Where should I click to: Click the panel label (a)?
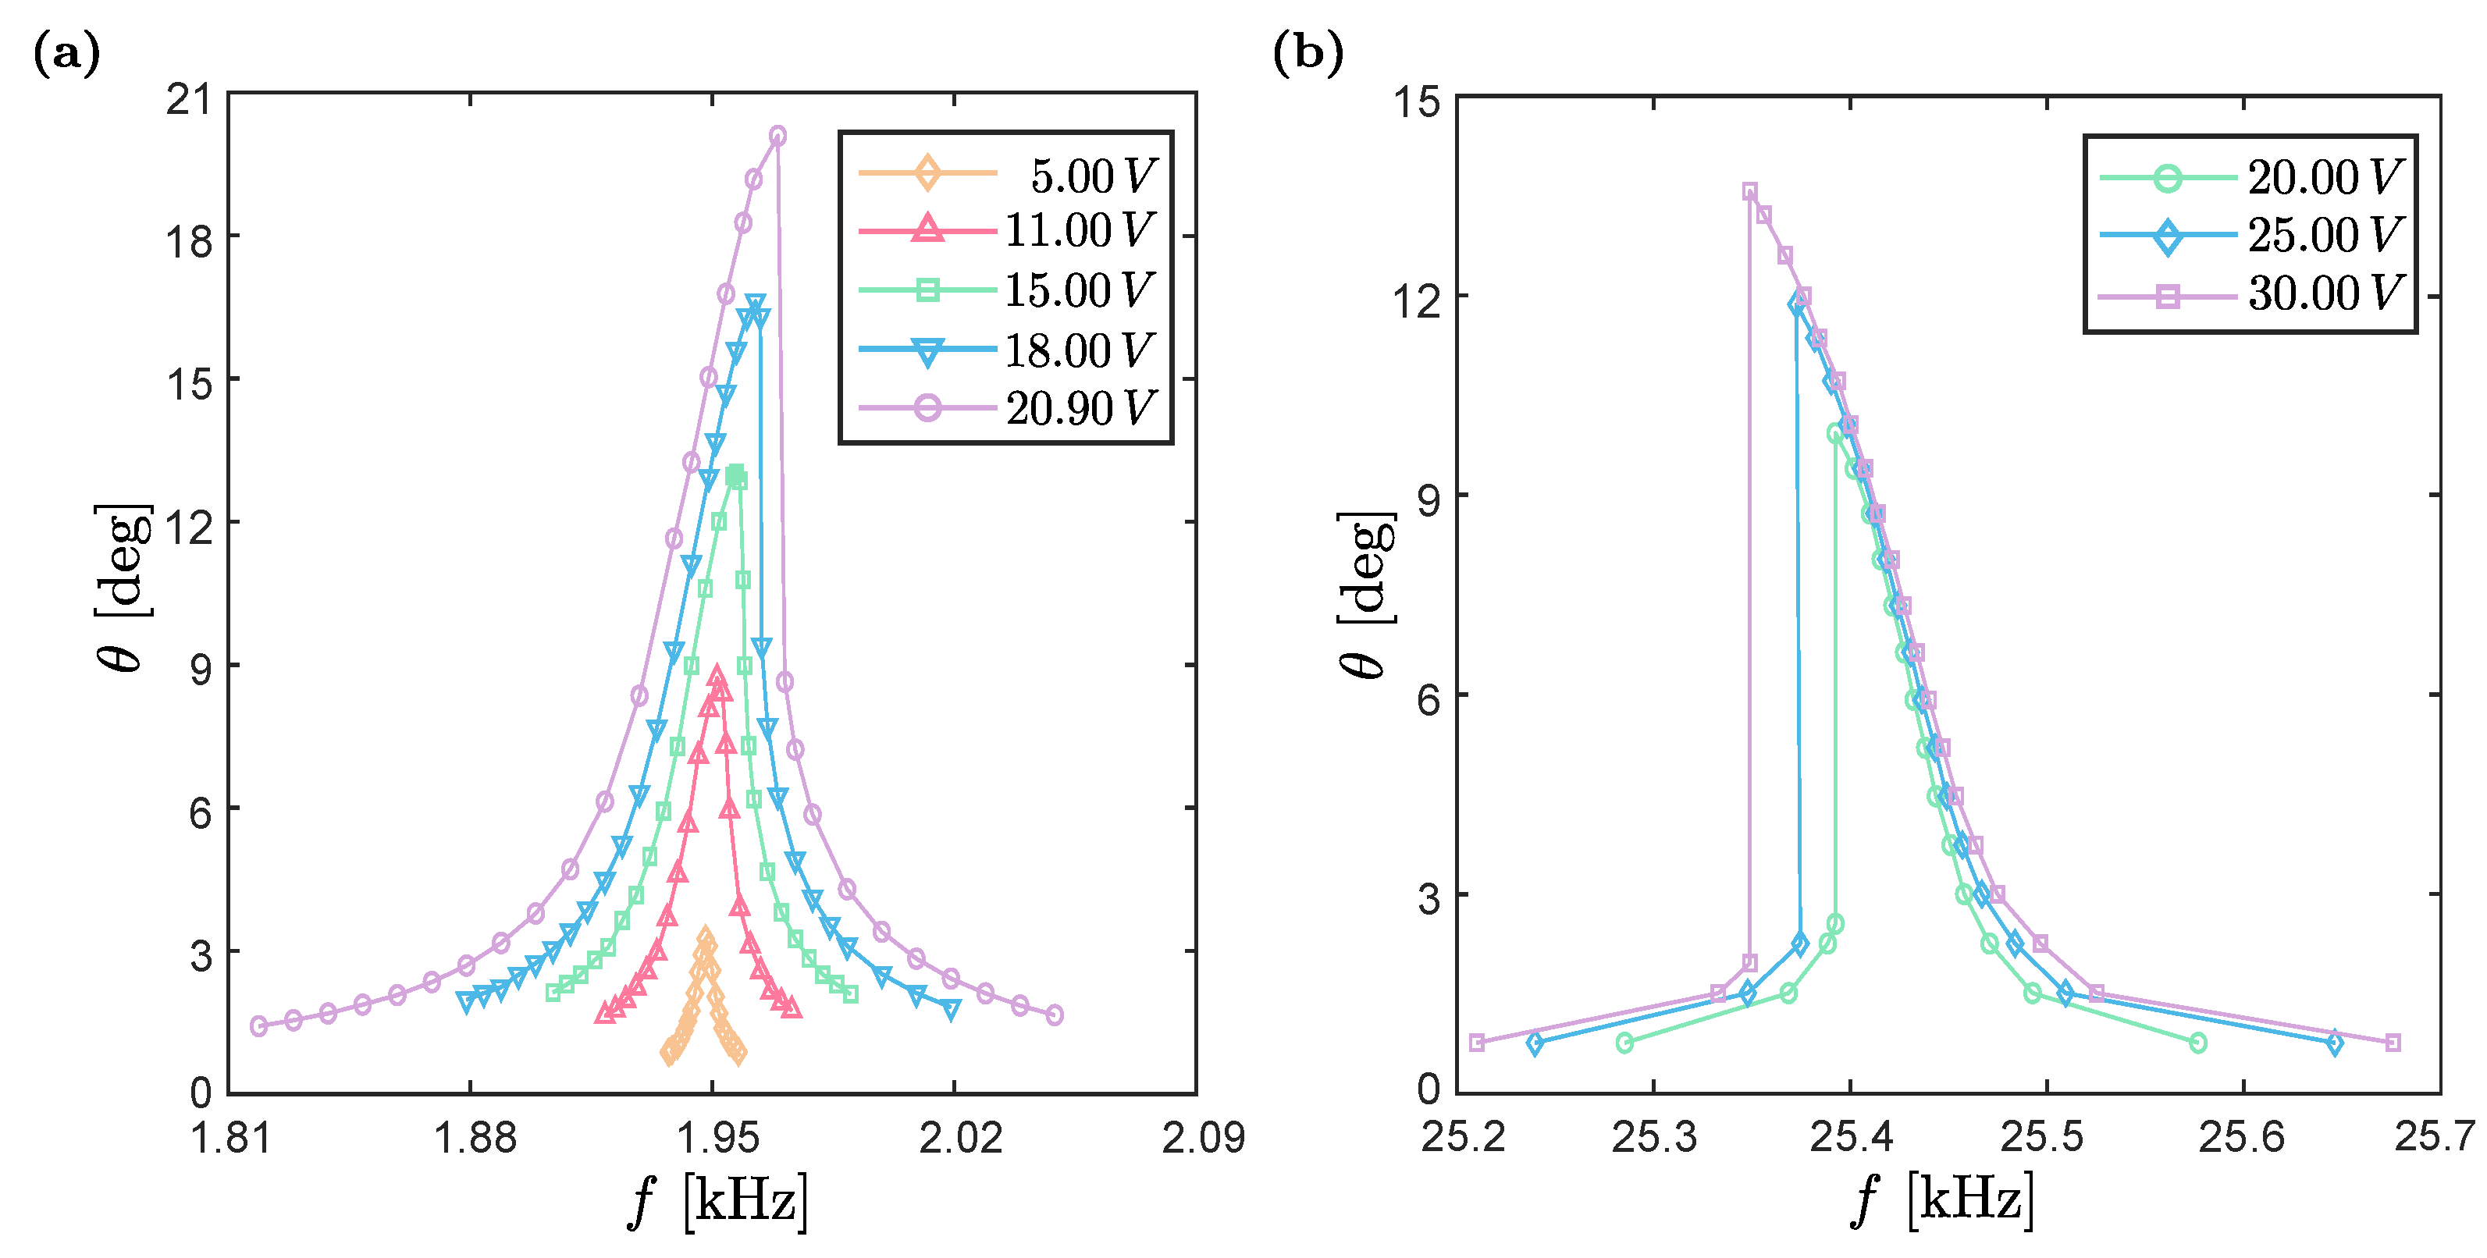(66, 53)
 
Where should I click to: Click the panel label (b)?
(1308, 53)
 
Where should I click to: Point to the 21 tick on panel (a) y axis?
(188, 98)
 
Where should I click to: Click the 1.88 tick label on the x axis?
(474, 1137)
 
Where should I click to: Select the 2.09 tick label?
(1202, 1137)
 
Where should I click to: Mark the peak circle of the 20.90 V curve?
(777, 136)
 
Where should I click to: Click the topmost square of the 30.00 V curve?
(1749, 191)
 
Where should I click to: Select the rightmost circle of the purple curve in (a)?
(1055, 1015)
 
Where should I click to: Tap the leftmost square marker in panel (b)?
(1476, 1043)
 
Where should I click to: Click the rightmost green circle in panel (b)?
(2198, 1043)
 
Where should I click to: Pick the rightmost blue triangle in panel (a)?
(951, 1010)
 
